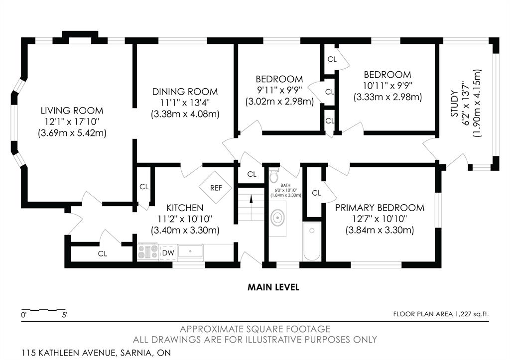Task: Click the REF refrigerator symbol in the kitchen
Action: click(x=215, y=188)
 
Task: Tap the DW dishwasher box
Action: click(x=168, y=252)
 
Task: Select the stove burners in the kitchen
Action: click(x=147, y=252)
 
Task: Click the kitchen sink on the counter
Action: click(x=190, y=251)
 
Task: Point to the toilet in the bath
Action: click(x=274, y=175)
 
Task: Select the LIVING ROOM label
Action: click(x=72, y=111)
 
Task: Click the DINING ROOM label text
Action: click(x=185, y=92)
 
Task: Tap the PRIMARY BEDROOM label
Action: click(x=380, y=208)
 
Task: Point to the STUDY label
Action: click(x=454, y=104)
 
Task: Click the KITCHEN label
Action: click(x=185, y=208)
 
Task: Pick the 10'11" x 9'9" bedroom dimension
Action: click(x=387, y=86)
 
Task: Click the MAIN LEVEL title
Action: click(x=273, y=287)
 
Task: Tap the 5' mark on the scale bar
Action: click(x=64, y=315)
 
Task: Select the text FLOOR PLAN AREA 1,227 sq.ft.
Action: click(x=441, y=314)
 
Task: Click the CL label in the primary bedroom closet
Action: click(x=316, y=193)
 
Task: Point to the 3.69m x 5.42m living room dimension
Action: click(x=72, y=133)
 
